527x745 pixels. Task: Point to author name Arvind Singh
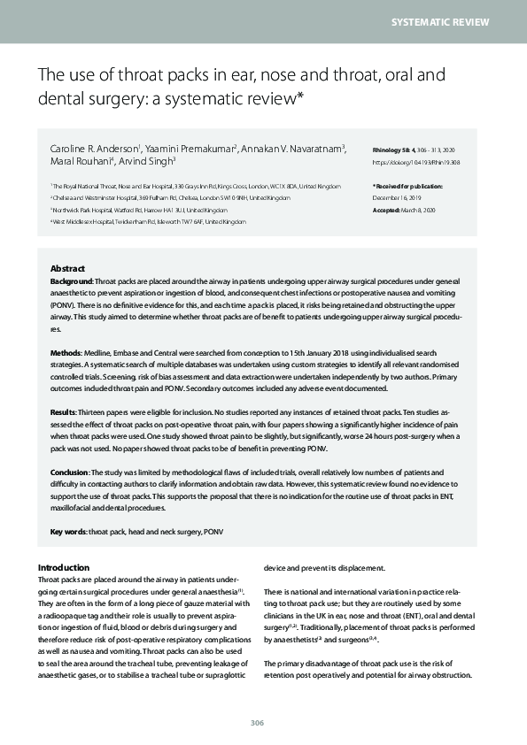(149, 161)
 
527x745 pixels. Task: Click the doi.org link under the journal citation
(416, 162)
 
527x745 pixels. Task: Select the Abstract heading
(67, 268)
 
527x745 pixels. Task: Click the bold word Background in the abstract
(72, 280)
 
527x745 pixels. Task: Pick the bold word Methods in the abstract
(67, 352)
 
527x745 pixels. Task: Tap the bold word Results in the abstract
(65, 411)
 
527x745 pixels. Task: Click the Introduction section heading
(64, 567)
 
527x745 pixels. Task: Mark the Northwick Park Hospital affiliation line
(139, 211)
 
